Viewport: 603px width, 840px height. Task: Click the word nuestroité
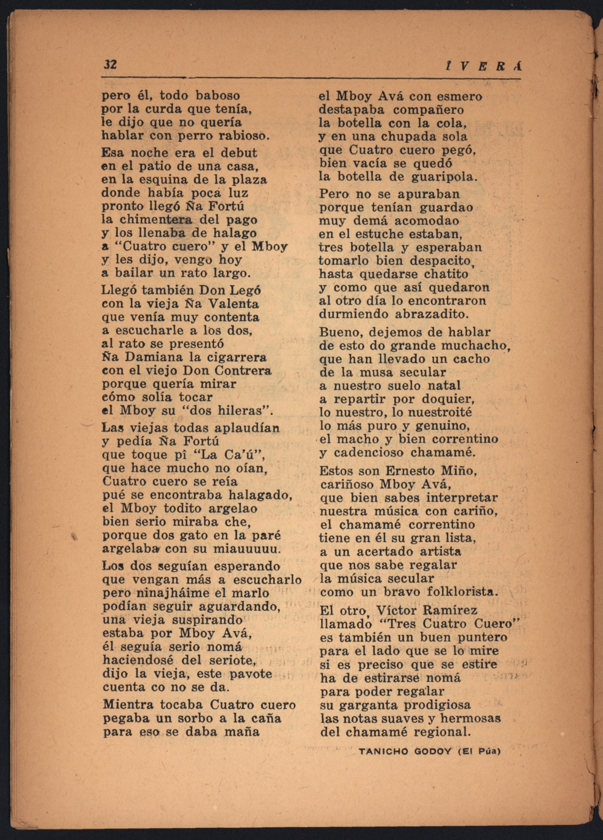tap(438, 412)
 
